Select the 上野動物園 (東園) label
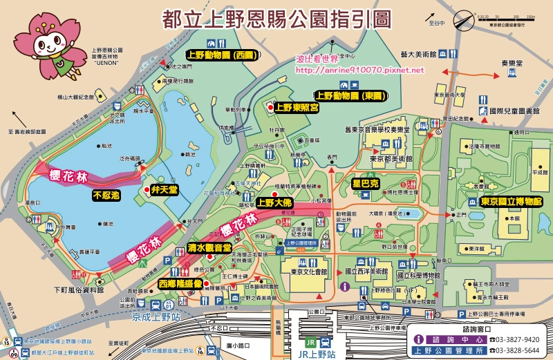tap(350, 96)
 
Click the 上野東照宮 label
tap(297, 107)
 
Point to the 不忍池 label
tap(106, 196)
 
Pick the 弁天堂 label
tap(166, 190)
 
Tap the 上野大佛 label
tap(274, 203)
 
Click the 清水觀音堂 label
tap(209, 247)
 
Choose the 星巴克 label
tap(366, 184)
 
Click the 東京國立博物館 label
tap(511, 202)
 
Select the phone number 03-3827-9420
tap(513, 339)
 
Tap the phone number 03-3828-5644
tap(513, 350)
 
